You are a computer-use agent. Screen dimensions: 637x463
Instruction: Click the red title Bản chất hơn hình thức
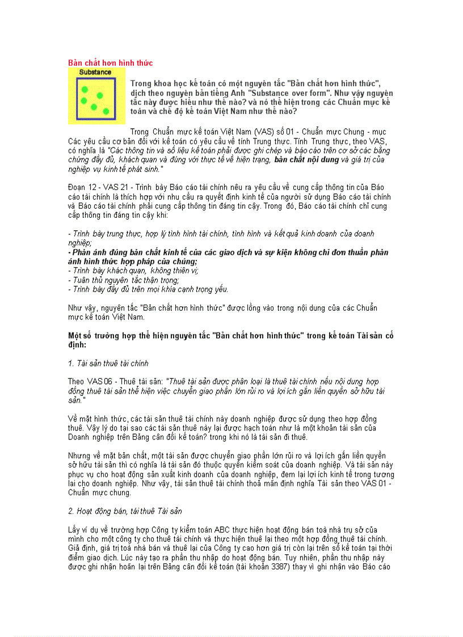click(x=110, y=62)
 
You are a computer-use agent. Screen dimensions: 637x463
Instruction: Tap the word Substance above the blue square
click(x=95, y=73)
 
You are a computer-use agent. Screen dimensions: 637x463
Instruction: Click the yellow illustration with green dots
click(x=96, y=96)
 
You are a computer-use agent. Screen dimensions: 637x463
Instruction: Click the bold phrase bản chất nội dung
click(x=306, y=160)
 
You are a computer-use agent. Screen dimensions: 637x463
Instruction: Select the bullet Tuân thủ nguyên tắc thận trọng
click(x=124, y=280)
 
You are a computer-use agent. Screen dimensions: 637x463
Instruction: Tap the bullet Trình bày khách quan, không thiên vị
click(x=133, y=271)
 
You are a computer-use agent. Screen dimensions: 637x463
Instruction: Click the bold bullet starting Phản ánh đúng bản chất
click(x=228, y=252)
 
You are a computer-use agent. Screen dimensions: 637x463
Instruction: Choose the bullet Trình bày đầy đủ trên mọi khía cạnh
click(x=148, y=289)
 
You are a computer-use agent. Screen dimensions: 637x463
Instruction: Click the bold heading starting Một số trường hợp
click(x=230, y=335)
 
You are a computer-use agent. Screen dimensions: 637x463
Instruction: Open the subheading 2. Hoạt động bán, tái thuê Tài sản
click(x=125, y=511)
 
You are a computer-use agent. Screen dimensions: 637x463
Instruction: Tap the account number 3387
click(x=318, y=566)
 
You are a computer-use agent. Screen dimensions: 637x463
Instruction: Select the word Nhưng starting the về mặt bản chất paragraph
click(x=79, y=455)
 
